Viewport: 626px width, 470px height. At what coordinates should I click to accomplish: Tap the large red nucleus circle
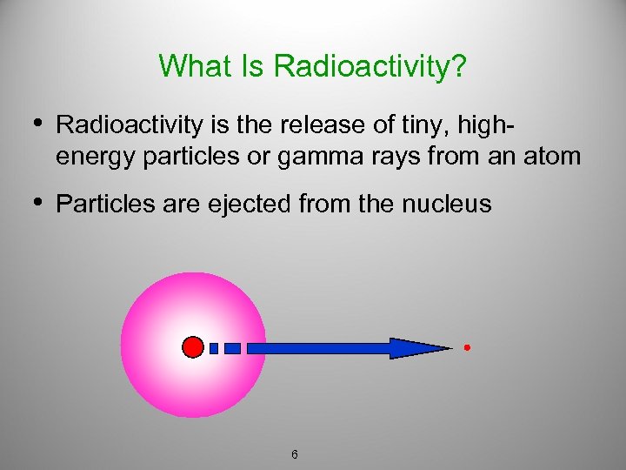coord(193,347)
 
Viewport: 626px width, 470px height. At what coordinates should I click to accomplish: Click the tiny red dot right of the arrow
coord(467,348)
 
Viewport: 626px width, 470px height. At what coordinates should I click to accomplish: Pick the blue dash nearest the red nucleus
coord(214,348)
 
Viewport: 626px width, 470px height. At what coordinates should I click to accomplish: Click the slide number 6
coord(296,453)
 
